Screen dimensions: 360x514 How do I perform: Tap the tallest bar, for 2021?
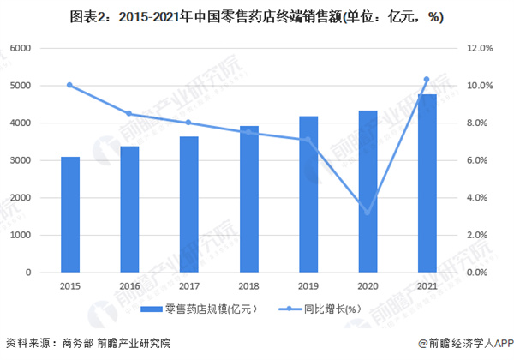(x=426, y=183)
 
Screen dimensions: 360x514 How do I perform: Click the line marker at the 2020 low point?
(x=368, y=213)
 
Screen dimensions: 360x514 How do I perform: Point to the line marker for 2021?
(x=426, y=80)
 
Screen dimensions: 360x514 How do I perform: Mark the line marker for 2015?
(x=70, y=85)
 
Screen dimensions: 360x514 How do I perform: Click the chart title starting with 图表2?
(x=257, y=16)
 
